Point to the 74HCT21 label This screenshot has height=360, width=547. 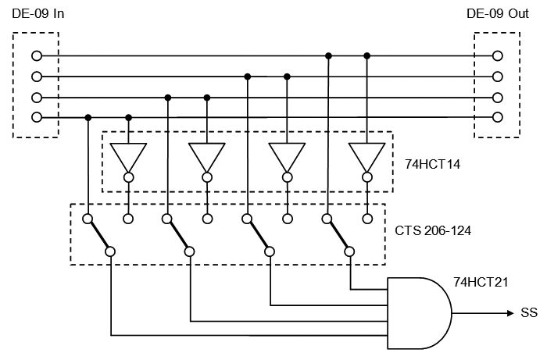point(478,281)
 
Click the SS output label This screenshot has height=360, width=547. point(527,314)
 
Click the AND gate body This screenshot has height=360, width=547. point(418,312)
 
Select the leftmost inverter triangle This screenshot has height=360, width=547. point(128,157)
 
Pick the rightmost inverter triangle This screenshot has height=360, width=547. point(366,157)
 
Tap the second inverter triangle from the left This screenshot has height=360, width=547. point(207,157)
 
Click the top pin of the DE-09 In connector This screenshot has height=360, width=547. point(36,56)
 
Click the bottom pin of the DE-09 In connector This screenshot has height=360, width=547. point(36,117)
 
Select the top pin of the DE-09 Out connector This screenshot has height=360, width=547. point(497,56)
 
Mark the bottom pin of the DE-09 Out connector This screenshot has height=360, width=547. point(497,117)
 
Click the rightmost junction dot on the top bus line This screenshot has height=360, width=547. point(366,56)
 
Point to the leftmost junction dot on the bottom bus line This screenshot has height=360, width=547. point(88,117)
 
